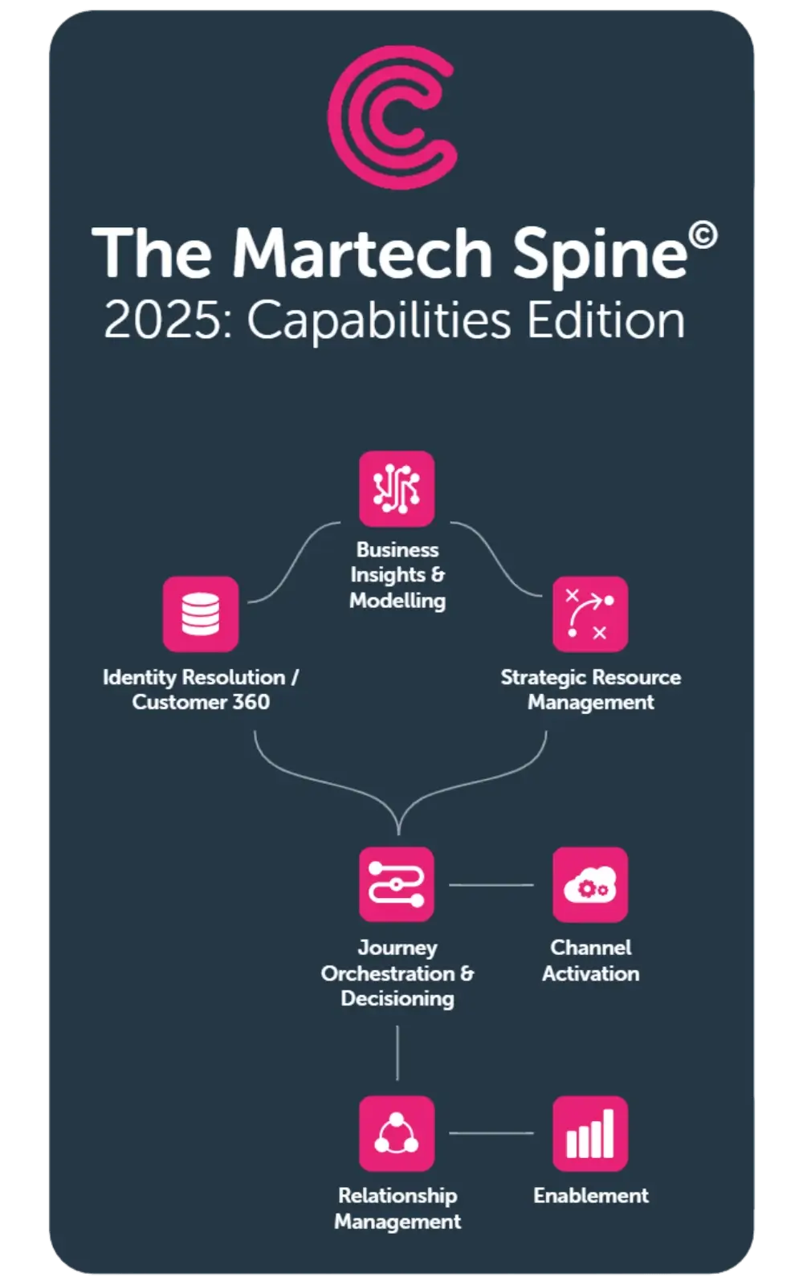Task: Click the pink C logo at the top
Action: pyautogui.click(x=393, y=117)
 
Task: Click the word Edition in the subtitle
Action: pyautogui.click(x=605, y=320)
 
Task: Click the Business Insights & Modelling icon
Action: pyautogui.click(x=397, y=488)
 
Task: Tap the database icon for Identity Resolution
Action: pyautogui.click(x=201, y=614)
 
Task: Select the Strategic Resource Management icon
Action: pyautogui.click(x=590, y=614)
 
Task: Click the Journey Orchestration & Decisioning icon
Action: pyautogui.click(x=397, y=884)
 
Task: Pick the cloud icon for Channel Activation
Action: pyautogui.click(x=590, y=884)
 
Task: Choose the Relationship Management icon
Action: pyautogui.click(x=397, y=1133)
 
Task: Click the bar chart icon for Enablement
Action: pyautogui.click(x=590, y=1133)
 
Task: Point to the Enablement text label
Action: pyautogui.click(x=590, y=1196)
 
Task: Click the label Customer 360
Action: pyautogui.click(x=201, y=703)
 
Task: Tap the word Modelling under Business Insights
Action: pyautogui.click(x=397, y=601)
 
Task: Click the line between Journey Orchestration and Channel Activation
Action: pyautogui.click(x=491, y=885)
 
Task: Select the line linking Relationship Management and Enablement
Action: pyautogui.click(x=491, y=1133)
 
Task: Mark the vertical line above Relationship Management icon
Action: pyautogui.click(x=397, y=1052)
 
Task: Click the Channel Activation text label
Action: pyautogui.click(x=590, y=961)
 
